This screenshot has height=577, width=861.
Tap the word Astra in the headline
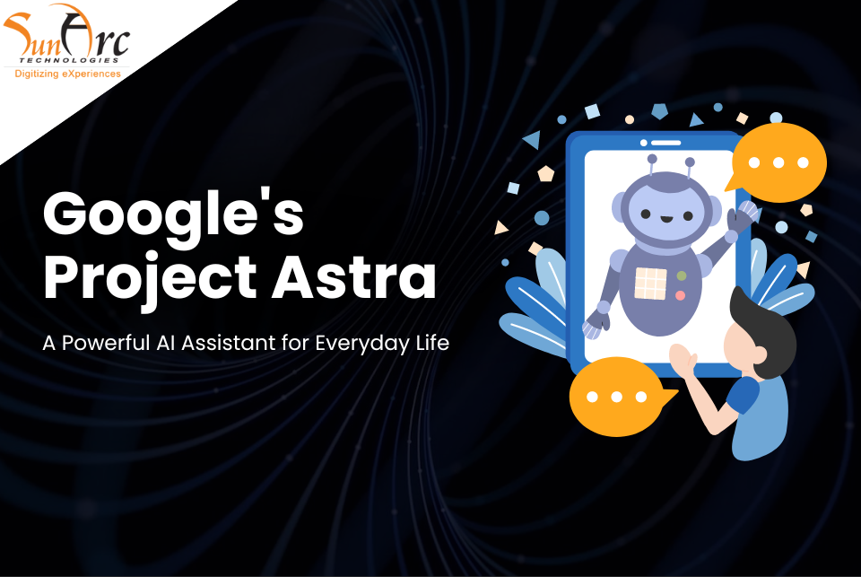[x=354, y=276]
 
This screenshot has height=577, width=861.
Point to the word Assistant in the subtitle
[x=229, y=343]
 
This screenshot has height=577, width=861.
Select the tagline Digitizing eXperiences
[x=67, y=74]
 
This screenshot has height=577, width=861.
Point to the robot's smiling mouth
[x=666, y=219]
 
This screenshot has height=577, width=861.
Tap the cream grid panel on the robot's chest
[x=650, y=284]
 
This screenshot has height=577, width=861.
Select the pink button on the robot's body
[x=681, y=295]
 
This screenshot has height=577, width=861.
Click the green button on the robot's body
[x=682, y=275]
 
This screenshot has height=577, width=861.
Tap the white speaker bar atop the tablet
[x=665, y=143]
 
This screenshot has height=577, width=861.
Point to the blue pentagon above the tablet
[x=659, y=111]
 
